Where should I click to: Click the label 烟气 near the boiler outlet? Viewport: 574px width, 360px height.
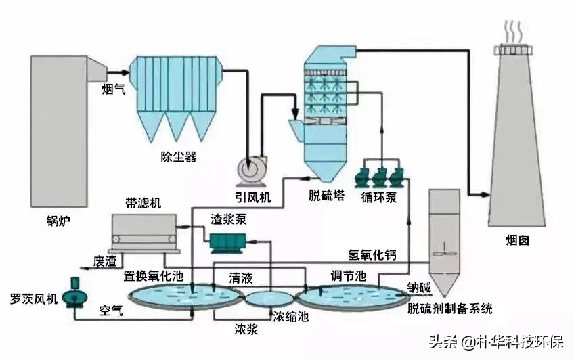(x=112, y=88)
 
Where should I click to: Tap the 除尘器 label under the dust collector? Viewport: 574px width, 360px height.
(x=178, y=157)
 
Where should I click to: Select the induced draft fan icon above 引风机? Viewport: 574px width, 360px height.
(x=248, y=169)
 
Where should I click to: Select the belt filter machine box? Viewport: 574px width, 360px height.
(x=143, y=230)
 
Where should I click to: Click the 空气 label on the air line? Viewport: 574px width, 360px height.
(x=111, y=311)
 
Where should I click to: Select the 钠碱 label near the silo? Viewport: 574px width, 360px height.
(x=418, y=287)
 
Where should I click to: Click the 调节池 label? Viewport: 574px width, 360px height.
(x=348, y=275)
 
